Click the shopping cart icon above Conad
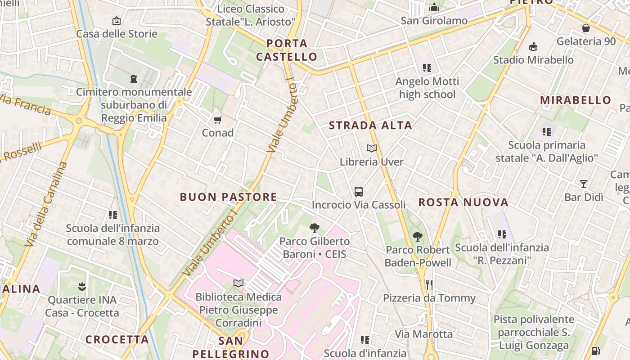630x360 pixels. (x=217, y=120)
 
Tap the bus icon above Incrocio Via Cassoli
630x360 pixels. (x=359, y=192)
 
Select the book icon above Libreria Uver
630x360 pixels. (x=372, y=148)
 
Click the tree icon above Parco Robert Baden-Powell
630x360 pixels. (x=418, y=236)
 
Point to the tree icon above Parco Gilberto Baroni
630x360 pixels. (x=315, y=228)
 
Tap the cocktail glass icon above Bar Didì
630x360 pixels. (x=584, y=184)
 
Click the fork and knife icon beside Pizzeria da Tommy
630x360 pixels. (x=429, y=284)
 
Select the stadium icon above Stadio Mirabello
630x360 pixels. (x=533, y=46)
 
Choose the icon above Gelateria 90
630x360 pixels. (x=586, y=28)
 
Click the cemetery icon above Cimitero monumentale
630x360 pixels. (x=134, y=79)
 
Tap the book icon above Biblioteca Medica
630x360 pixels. (x=238, y=283)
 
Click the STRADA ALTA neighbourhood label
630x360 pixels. (x=370, y=126)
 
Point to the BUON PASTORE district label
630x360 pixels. (x=228, y=197)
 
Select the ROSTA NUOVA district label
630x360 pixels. (x=463, y=202)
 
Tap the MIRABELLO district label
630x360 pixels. (x=576, y=100)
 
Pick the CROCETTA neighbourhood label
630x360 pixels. (x=117, y=340)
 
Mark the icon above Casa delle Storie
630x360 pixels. (x=117, y=21)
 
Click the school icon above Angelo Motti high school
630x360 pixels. (x=427, y=68)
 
